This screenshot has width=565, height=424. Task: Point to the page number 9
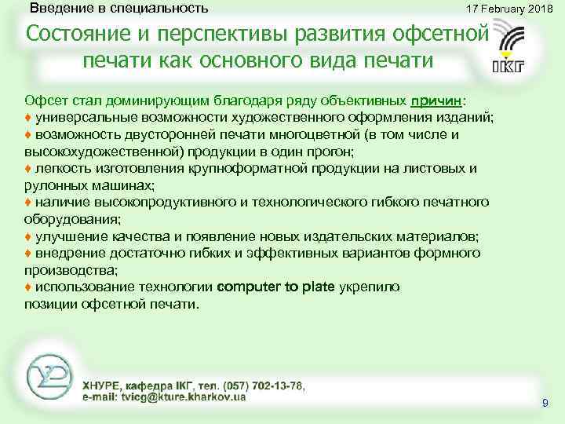tap(545, 403)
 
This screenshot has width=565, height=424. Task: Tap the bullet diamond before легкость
tap(28, 168)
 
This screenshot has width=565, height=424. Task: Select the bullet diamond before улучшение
tap(28, 236)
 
